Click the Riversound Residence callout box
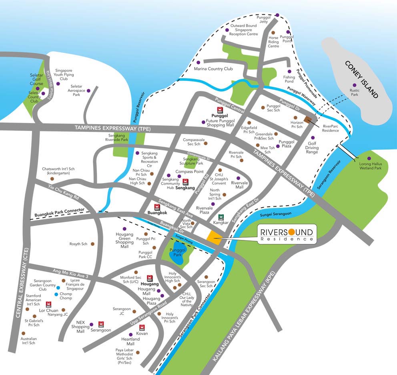[287, 234]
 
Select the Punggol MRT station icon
[220, 109]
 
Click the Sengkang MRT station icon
[185, 181]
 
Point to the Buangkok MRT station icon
[157, 207]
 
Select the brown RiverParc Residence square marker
[309, 119]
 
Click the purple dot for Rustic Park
[354, 85]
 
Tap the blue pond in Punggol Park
[177, 257]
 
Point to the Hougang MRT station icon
[150, 278]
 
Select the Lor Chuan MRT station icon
[49, 304]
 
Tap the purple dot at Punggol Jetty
[278, 15]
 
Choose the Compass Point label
[189, 171]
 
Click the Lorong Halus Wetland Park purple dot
[369, 158]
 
